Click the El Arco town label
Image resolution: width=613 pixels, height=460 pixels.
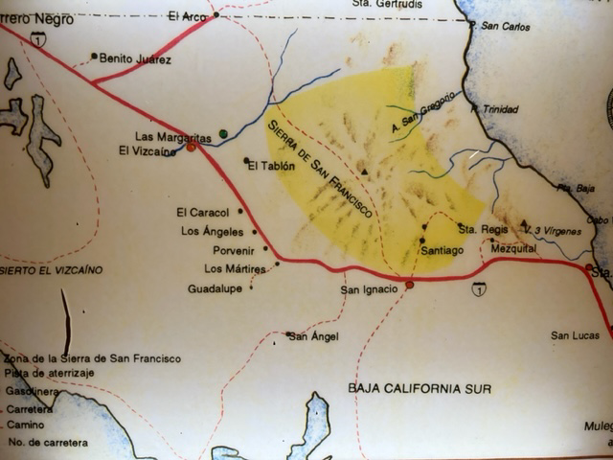tap(187, 15)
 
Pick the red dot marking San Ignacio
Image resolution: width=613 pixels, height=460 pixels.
tap(409, 285)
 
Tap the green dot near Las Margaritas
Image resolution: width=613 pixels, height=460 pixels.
tap(223, 133)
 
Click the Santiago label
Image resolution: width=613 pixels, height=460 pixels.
tap(443, 250)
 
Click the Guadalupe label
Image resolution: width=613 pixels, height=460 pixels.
tap(214, 287)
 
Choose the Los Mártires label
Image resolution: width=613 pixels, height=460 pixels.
tap(235, 268)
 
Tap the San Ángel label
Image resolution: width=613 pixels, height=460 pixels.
tap(314, 336)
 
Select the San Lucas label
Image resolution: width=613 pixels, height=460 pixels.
tap(575, 335)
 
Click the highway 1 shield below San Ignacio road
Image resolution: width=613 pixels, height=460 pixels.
tap(478, 287)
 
